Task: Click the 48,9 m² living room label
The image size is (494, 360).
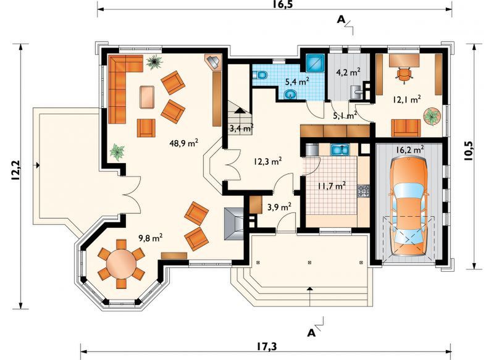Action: click(183, 143)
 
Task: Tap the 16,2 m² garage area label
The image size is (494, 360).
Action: click(409, 149)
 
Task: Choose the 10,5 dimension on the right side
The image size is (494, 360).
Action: click(469, 151)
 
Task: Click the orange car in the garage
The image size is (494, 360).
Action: click(408, 207)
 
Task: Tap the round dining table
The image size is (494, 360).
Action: click(121, 264)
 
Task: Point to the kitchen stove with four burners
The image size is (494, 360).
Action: click(363, 191)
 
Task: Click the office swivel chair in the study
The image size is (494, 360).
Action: click(404, 75)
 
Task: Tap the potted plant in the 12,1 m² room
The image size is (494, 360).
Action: click(431, 117)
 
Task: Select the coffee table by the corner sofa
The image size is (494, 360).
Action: click(147, 98)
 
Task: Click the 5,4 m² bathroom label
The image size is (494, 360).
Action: click(297, 82)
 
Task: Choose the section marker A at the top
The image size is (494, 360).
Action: click(341, 19)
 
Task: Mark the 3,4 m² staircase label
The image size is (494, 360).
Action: click(241, 128)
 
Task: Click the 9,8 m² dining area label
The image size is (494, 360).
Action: click(151, 238)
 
